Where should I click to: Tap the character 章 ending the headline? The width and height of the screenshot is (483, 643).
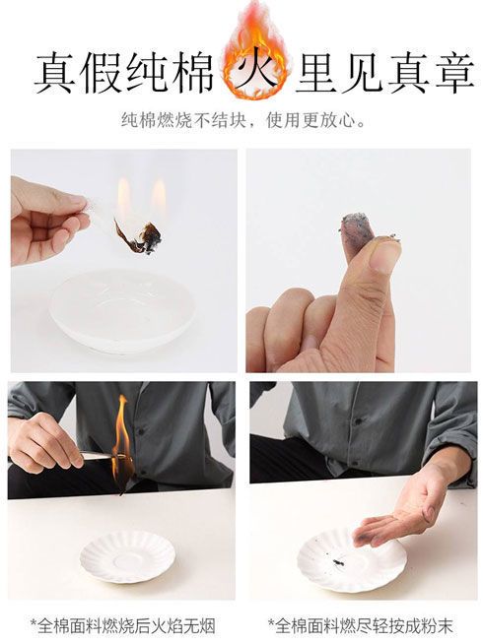coord(455,73)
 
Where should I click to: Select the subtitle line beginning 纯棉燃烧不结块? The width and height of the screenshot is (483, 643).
coord(242,121)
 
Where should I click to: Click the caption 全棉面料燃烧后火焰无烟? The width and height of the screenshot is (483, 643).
coord(122,626)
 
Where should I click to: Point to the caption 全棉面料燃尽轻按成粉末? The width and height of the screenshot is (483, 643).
coord(361,626)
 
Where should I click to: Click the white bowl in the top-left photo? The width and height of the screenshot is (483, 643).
coord(122,309)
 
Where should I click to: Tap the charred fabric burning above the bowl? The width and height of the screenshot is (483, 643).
coord(139,237)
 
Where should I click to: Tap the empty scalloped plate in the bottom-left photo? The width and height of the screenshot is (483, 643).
coord(127,556)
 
